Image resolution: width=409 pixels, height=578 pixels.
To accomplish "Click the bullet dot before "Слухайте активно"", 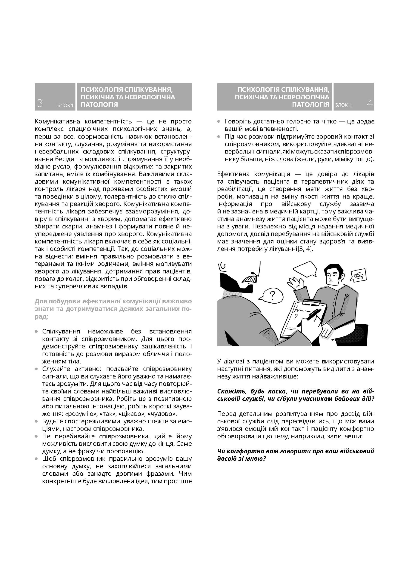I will coord(37,369).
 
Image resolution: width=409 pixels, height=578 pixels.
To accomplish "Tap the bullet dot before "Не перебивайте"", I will coord(37,436).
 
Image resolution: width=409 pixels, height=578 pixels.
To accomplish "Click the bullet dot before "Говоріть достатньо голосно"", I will coord(219,122).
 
